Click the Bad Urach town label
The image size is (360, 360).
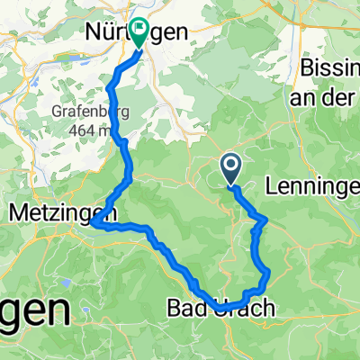click(x=216, y=309)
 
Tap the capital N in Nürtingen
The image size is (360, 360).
click(x=92, y=32)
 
